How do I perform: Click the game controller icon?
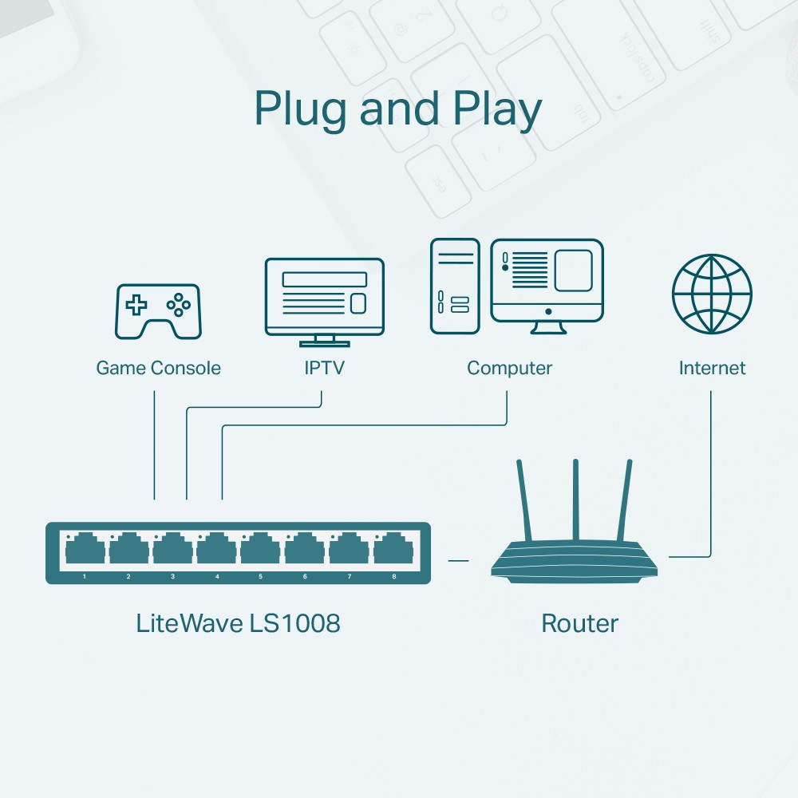(x=159, y=311)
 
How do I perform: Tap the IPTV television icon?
(x=324, y=297)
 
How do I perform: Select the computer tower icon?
(x=455, y=286)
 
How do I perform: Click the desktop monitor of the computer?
(x=547, y=281)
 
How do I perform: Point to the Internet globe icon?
(x=712, y=294)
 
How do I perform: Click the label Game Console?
(x=158, y=368)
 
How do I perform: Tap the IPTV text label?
(x=324, y=368)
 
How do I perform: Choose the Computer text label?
(x=509, y=368)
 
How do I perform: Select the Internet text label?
(x=712, y=368)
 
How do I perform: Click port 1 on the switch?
(x=85, y=551)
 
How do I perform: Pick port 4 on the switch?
(x=217, y=551)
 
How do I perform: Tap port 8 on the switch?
(x=393, y=551)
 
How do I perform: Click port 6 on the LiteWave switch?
(x=305, y=551)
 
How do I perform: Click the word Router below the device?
(x=579, y=623)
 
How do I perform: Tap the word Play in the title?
(x=494, y=110)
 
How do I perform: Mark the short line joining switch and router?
(x=458, y=560)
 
